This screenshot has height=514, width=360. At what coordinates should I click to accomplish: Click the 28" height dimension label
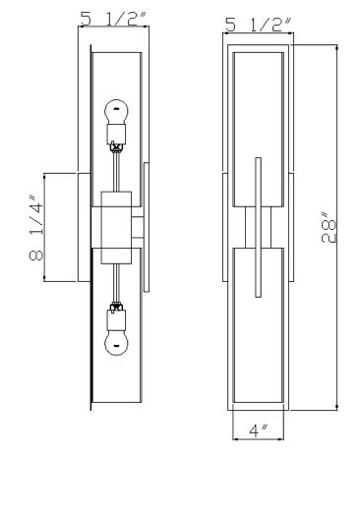tap(330, 228)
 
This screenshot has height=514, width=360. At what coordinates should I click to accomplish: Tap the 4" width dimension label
tap(259, 430)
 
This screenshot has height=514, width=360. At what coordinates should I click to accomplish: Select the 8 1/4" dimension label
tap(36, 228)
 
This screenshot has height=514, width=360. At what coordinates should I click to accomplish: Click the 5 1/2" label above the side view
tap(113, 19)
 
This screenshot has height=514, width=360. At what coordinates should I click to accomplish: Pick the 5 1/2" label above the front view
tap(259, 25)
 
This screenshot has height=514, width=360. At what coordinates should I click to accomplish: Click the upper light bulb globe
tap(116, 112)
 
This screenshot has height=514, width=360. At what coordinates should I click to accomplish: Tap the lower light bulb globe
tap(116, 344)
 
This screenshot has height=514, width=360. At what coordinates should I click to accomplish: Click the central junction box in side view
tap(116, 228)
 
